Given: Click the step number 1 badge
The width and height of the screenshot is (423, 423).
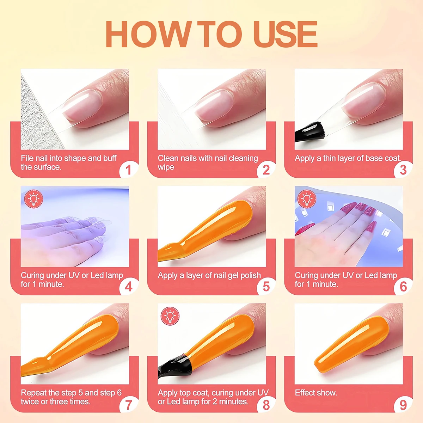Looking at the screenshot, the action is pos(129,170).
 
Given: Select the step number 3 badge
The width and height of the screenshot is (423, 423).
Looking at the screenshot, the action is pos(403,170).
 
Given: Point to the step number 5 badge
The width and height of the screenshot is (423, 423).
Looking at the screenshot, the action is pos(266,287).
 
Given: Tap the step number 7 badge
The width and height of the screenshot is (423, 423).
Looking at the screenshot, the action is pos(129,404).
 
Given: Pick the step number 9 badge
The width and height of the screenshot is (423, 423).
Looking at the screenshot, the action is pos(403,404).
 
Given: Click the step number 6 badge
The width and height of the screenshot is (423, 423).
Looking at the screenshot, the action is pos(403,287).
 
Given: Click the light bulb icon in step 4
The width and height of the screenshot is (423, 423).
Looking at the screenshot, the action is pos(33,199).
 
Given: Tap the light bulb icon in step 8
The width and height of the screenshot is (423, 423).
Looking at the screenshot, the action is pos(170,316).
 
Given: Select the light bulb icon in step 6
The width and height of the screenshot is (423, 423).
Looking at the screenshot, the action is pos(307,199).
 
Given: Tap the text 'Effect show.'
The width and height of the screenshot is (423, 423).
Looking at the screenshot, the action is pos(316,393).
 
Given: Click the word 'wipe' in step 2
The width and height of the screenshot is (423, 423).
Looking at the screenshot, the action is pos(166,167).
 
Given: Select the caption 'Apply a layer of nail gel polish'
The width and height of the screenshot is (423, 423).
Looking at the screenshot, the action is pos(209,276).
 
